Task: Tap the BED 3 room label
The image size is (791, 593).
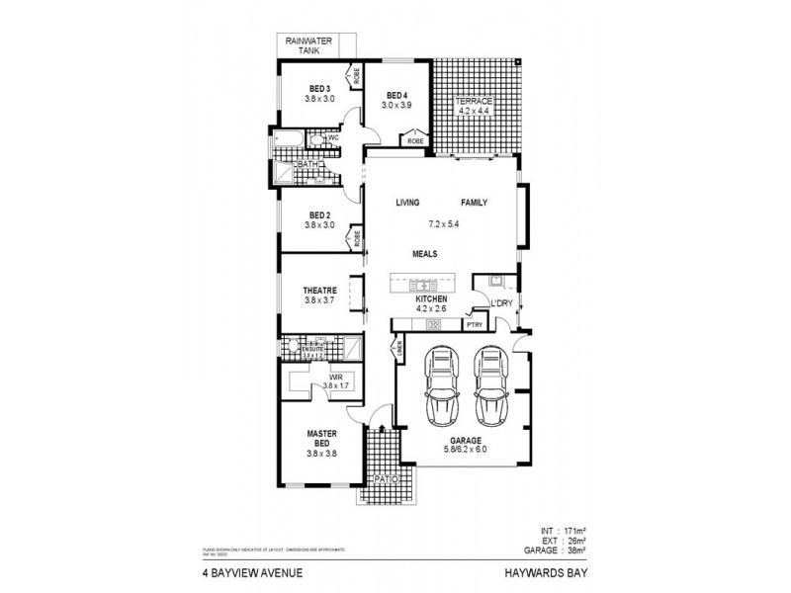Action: (319, 87)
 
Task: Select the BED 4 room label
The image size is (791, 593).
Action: (396, 95)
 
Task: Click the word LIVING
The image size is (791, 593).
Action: (408, 203)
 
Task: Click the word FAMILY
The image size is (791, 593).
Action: (474, 203)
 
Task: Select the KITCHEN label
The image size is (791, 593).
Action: (431, 298)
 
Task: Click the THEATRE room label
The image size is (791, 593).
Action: (320, 290)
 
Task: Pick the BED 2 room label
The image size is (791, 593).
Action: (319, 214)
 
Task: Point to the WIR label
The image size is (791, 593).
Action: (321, 377)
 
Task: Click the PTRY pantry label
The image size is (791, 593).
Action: (474, 324)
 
